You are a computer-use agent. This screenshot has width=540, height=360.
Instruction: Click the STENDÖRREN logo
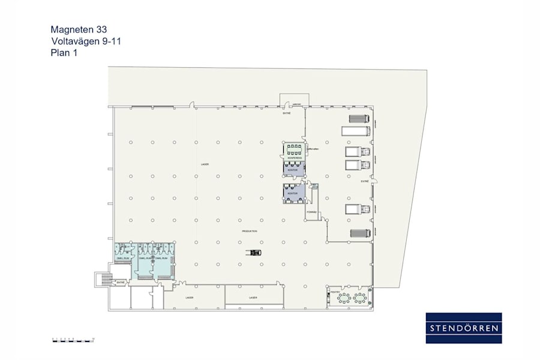(463, 328)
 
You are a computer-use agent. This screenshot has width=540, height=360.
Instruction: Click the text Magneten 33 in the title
(79, 29)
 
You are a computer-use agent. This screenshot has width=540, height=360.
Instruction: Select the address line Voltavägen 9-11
(87, 41)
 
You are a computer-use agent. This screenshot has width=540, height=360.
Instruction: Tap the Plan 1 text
(64, 53)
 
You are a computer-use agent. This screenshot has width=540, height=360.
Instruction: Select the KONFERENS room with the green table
(293, 150)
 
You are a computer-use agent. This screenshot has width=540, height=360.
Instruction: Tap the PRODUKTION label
(250, 231)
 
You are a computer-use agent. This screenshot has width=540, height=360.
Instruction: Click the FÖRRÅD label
(311, 212)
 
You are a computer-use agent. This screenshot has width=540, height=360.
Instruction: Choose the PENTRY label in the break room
(335, 292)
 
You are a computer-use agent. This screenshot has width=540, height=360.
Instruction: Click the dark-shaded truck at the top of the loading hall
(359, 118)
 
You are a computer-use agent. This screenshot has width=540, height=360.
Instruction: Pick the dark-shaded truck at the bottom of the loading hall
(359, 233)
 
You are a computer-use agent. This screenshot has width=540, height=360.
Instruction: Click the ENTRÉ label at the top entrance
(287, 113)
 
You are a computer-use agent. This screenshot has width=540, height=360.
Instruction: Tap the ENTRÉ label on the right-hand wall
(364, 181)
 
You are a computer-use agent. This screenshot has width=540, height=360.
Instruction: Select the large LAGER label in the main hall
(205, 164)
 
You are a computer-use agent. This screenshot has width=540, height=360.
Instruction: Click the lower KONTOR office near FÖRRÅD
(293, 193)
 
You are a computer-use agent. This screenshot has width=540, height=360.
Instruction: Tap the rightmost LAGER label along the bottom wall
(253, 298)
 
